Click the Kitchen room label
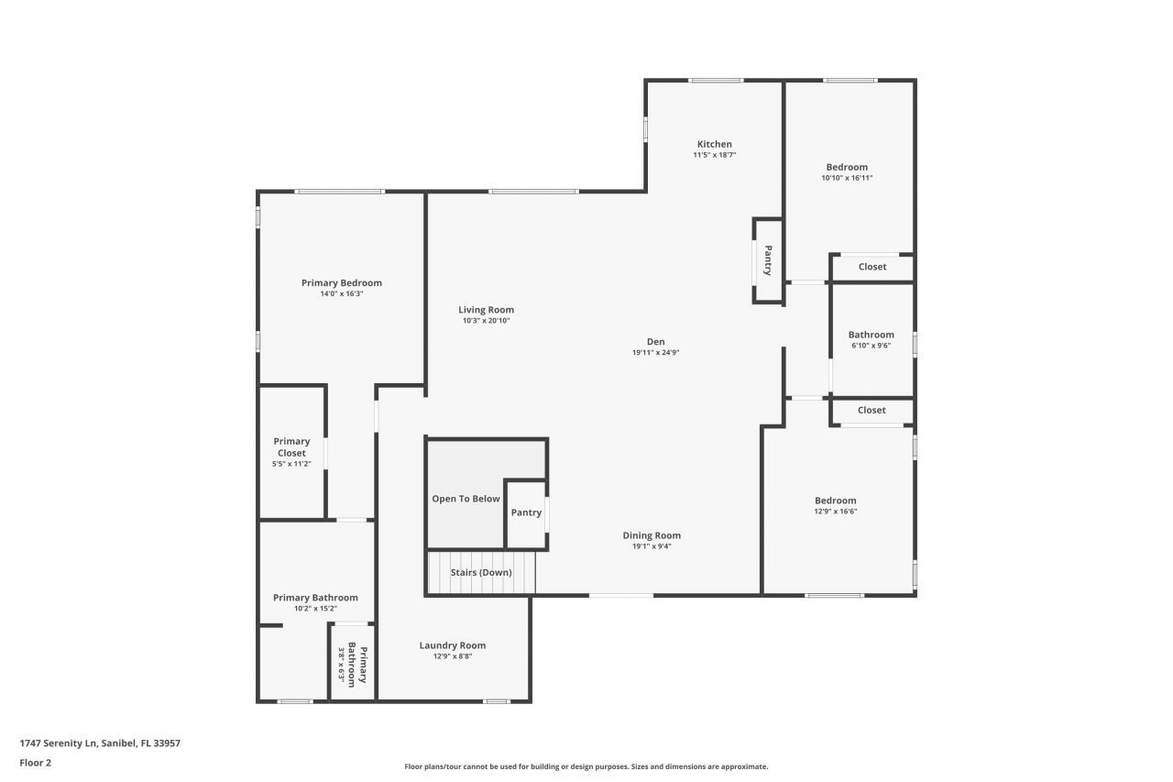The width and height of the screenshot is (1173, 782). tap(714, 144)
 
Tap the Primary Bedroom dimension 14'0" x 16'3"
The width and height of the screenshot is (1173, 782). tap(341, 294)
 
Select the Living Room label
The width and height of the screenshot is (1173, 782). tap(486, 310)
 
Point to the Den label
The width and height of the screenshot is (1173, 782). tap(654, 341)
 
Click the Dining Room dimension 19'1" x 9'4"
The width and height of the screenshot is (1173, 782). tap(652, 546)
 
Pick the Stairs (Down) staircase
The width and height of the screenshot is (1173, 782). tap(481, 573)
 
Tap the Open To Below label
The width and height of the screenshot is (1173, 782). tap(466, 499)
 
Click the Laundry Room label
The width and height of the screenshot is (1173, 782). tap(452, 645)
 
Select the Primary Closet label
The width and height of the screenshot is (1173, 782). tap(291, 447)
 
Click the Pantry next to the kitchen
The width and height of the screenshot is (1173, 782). tap(768, 260)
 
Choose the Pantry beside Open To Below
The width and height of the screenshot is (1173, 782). tap(526, 512)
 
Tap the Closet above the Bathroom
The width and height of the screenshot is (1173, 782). tap(872, 267)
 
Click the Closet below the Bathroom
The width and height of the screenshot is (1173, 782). tap(872, 410)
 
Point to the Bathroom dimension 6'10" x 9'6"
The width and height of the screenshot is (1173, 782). tap(871, 347)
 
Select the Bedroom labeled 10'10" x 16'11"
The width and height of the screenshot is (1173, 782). tap(847, 171)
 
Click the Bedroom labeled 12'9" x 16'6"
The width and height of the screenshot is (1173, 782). tap(835, 505)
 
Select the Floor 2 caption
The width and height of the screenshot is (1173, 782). tap(36, 762)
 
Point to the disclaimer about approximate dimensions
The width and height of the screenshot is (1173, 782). tap(586, 766)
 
